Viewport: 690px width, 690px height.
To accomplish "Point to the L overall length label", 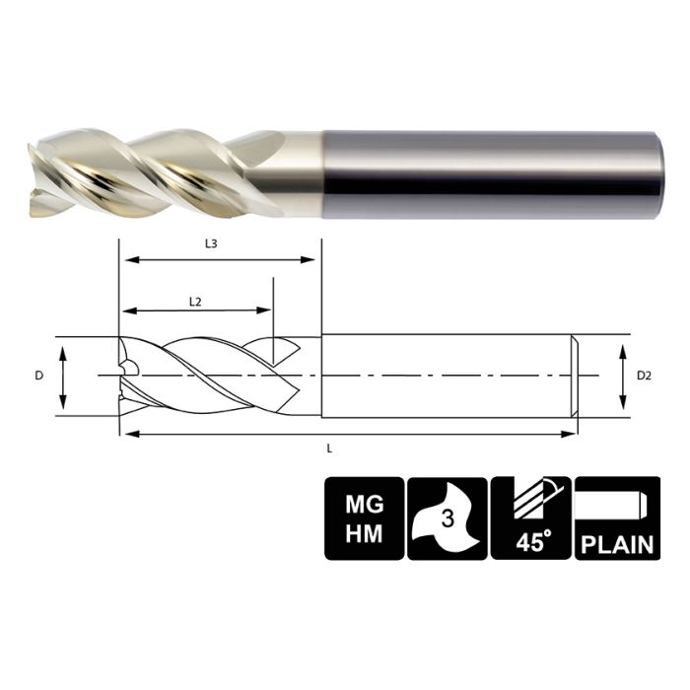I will point(328,448).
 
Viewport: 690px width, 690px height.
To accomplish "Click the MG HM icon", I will point(364,518).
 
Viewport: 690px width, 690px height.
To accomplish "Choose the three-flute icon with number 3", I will point(447,518).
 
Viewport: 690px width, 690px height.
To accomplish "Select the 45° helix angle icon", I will point(530,518).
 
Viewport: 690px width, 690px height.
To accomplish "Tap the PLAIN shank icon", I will point(616,518).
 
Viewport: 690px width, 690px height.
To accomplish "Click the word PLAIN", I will point(616,541).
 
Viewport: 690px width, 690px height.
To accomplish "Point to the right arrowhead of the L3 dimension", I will point(314,261).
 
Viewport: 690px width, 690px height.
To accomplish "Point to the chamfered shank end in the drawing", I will point(572,376).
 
